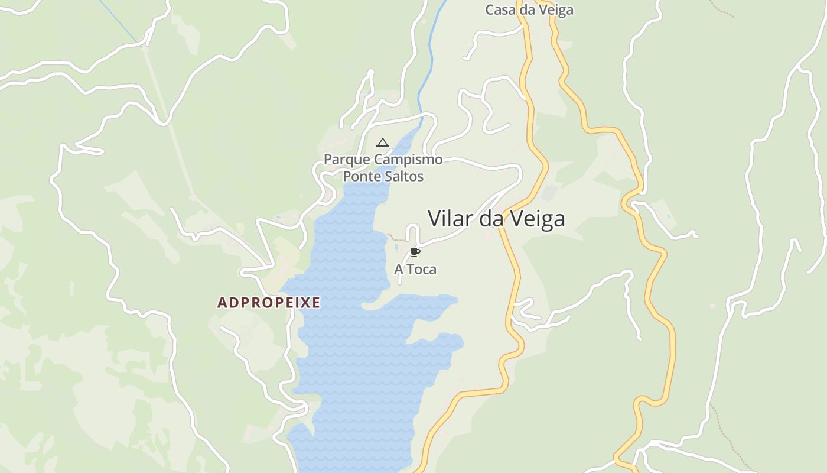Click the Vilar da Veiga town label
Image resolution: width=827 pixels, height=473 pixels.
click(496, 219)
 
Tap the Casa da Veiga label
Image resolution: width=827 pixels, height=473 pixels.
click(529, 10)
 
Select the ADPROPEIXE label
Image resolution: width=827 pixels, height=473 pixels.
click(269, 303)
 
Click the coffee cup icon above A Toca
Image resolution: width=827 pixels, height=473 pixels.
click(415, 252)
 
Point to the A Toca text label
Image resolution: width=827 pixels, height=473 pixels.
click(415, 270)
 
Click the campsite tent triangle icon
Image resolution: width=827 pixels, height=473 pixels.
click(383, 142)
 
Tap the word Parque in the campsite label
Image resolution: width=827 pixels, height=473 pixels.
click(347, 160)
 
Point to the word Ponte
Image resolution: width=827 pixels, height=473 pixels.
click(362, 176)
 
